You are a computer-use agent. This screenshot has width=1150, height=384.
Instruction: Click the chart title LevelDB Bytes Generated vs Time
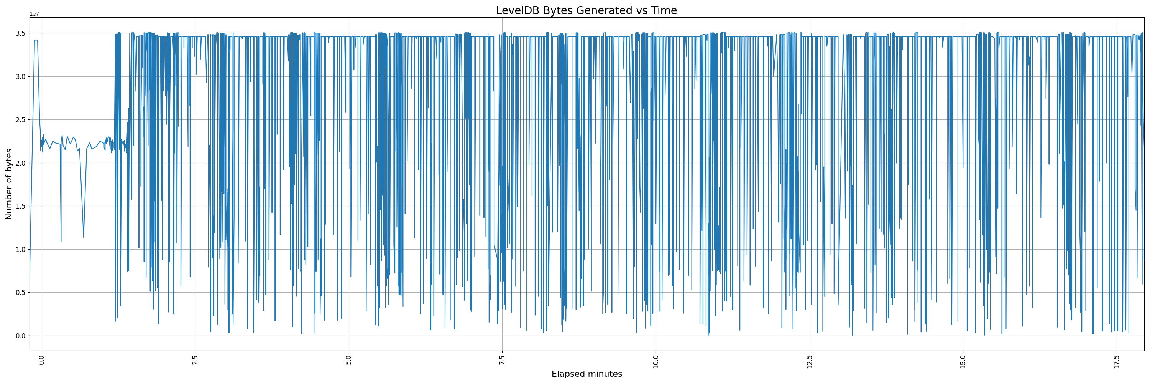[x=586, y=11]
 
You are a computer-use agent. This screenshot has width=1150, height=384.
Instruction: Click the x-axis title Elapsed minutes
[x=586, y=374]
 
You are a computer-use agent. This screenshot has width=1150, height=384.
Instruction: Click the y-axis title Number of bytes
[x=9, y=184]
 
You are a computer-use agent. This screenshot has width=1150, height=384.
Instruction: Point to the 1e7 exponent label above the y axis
[x=34, y=14]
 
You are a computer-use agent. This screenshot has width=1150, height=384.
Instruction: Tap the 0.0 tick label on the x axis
[x=42, y=361]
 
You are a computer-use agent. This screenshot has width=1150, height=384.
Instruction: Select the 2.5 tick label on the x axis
[x=195, y=361]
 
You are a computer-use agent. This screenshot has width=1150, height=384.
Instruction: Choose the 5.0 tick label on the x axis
[x=349, y=361]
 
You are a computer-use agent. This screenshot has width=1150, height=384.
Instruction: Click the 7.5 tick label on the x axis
[x=503, y=361]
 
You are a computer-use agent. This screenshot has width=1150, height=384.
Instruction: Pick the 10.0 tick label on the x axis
[x=656, y=362]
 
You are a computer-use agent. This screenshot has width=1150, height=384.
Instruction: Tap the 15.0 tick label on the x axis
[x=963, y=362]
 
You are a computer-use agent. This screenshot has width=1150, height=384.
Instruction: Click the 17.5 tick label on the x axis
[x=1117, y=362]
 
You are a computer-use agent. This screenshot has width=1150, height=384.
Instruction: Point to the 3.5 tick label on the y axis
[x=21, y=33]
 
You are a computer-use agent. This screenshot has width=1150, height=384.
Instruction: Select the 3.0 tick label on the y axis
[x=21, y=77]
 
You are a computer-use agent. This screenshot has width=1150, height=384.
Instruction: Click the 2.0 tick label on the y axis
[x=21, y=163]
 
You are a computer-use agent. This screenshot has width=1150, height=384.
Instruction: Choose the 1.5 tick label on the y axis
[x=21, y=207]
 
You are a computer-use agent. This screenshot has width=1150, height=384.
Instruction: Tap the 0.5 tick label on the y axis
[x=21, y=293]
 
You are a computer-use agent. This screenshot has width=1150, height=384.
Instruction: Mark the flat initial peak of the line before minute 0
[x=36, y=40]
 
